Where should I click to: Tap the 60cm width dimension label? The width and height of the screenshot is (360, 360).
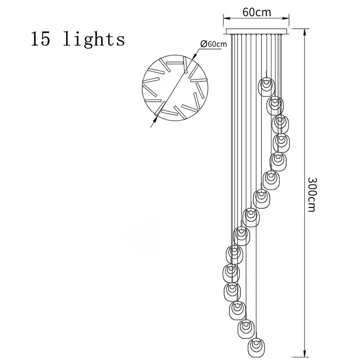(257, 12)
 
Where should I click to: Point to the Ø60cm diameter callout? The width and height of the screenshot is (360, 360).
(211, 44)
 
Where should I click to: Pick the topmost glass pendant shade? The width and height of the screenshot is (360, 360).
(266, 85)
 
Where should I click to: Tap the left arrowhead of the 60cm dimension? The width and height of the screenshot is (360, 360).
(226, 18)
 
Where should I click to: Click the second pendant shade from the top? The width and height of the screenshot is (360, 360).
(275, 105)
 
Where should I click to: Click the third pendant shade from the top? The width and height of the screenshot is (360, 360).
(280, 123)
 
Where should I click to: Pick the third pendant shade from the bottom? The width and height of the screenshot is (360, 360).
(237, 310)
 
